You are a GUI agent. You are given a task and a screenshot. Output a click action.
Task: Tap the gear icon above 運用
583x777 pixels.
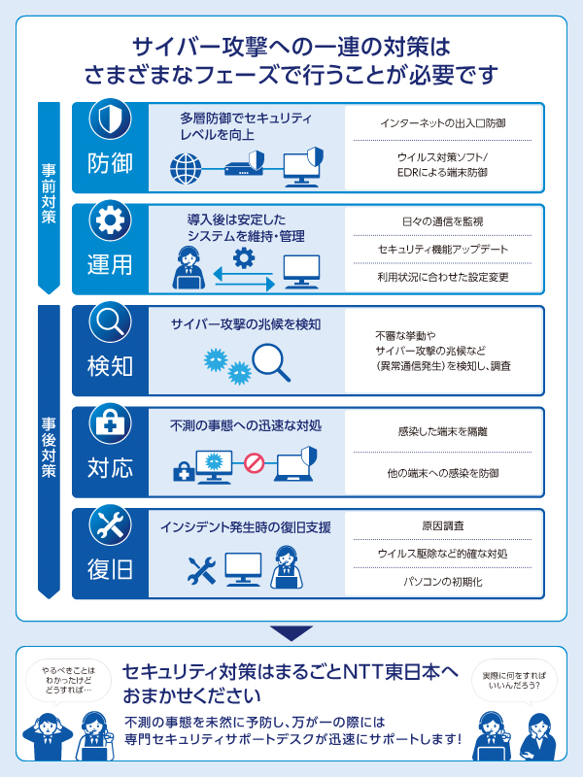(x=110, y=221)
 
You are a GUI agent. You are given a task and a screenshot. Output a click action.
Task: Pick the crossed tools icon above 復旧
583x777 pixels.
(x=110, y=524)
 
